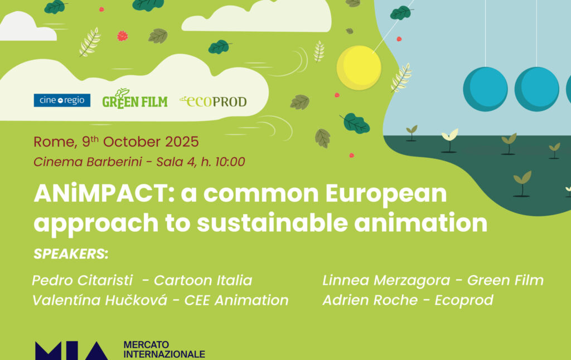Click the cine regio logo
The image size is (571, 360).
[x=62, y=100]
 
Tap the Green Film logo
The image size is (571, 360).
[x=135, y=99]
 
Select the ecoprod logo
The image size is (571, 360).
[x=213, y=101]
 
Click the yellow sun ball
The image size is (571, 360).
[x=359, y=67]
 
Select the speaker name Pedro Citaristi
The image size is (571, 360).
[x=83, y=280]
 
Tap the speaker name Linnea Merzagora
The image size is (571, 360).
[x=386, y=280]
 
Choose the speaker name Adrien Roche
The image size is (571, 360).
[x=370, y=300]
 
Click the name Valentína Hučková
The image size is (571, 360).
[x=100, y=300]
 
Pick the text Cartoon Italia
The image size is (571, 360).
[x=203, y=280]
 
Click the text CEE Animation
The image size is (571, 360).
[x=236, y=300]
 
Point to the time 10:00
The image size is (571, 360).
[x=230, y=162]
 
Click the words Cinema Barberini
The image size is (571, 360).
[x=88, y=162]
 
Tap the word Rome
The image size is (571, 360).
[x=55, y=142]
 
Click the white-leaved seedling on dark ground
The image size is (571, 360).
[x=450, y=140]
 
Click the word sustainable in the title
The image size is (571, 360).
[x=272, y=223]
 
